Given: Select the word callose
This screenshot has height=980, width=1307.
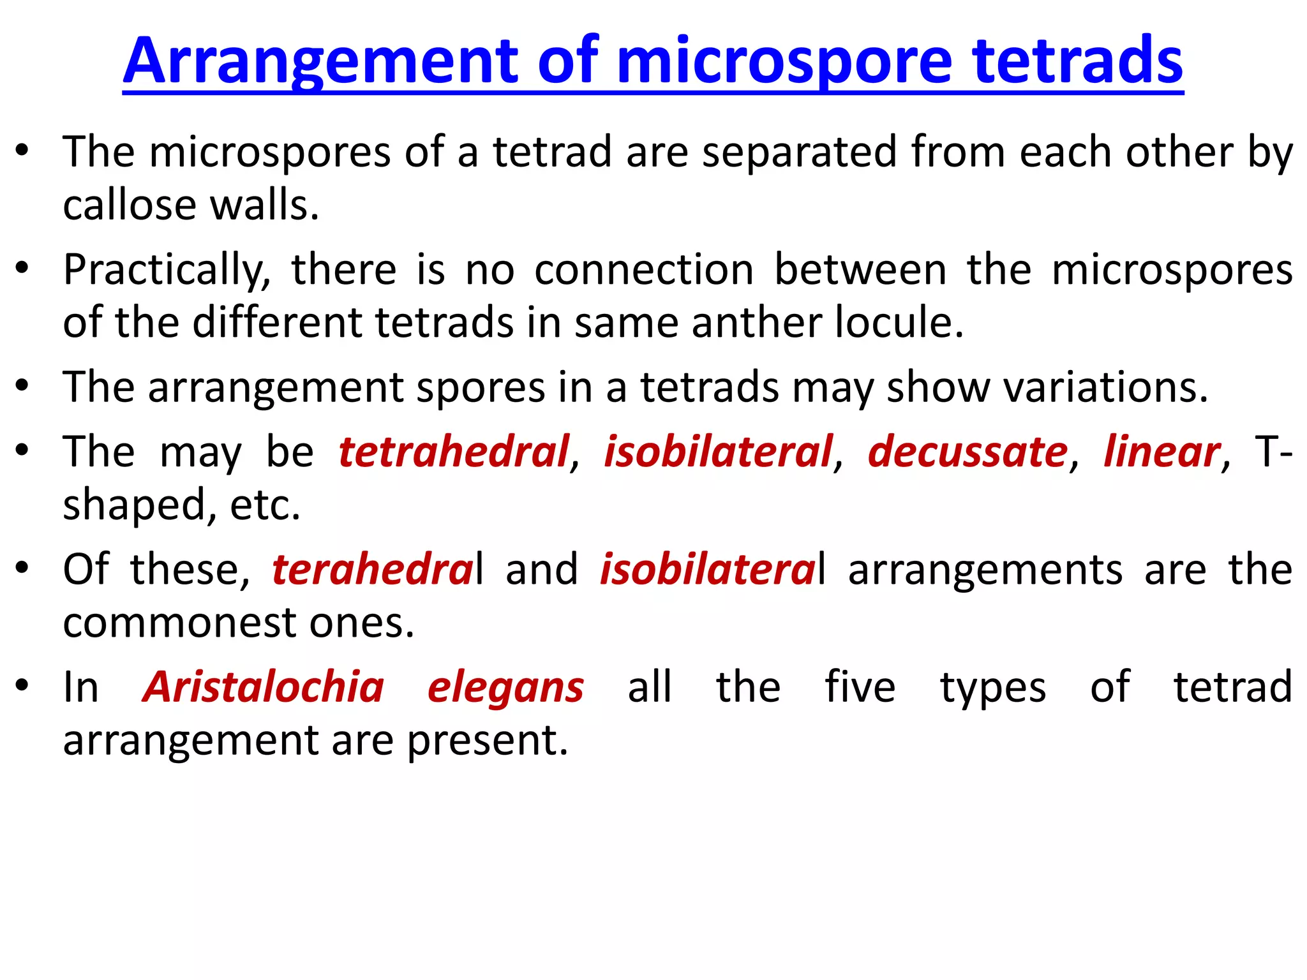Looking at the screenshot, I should [x=129, y=205].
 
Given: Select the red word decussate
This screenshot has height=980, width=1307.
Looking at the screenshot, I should [x=967, y=452].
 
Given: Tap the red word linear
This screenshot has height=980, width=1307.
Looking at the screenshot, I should [x=1161, y=452].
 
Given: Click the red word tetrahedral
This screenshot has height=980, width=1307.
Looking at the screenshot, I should [x=453, y=452].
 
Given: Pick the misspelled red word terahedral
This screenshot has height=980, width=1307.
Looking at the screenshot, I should [x=373, y=570].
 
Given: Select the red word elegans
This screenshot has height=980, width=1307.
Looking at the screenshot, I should [x=505, y=688].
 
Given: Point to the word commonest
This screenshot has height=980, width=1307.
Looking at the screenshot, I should [x=179, y=623].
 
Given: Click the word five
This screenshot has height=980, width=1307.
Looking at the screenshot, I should [x=860, y=688].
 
